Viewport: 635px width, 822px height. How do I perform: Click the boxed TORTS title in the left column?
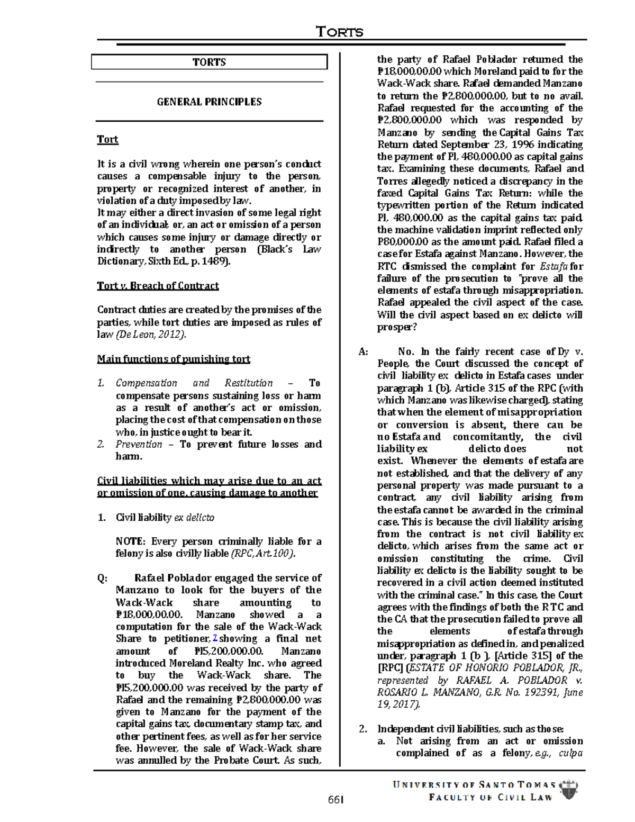[209, 62]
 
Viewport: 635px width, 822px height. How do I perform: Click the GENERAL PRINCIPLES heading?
[209, 102]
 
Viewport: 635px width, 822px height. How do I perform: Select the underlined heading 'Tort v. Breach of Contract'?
[158, 286]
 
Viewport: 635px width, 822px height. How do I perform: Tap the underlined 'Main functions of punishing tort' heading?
[173, 359]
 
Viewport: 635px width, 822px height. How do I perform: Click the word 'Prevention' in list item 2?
[139, 445]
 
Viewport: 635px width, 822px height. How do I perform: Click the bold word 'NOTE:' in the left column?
[130, 541]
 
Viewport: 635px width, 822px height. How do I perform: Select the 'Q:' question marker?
[102, 578]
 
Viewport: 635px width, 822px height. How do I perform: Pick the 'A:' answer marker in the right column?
[363, 351]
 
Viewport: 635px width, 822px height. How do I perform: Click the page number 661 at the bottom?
[335, 799]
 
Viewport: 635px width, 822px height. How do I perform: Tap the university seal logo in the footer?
[568, 790]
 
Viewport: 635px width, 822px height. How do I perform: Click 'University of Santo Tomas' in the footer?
[474, 785]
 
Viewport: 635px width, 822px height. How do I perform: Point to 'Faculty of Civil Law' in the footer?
[491, 798]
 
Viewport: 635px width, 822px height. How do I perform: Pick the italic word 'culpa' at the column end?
[570, 753]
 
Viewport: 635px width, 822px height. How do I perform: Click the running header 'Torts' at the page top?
[340, 32]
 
